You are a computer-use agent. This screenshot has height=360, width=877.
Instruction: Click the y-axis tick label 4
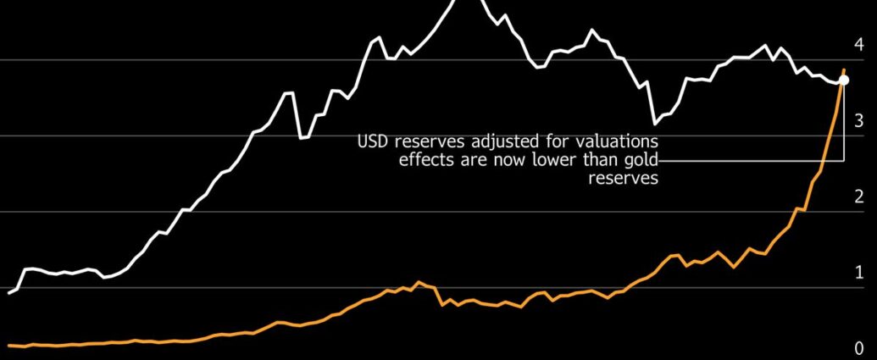pos(859,45)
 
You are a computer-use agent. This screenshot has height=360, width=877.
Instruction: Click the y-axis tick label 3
pos(859,121)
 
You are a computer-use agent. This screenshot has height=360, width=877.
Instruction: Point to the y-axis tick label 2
pos(859,197)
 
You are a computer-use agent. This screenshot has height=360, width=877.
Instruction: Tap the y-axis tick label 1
pos(859,273)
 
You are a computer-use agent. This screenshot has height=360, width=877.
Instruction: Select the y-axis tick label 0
pos(859,348)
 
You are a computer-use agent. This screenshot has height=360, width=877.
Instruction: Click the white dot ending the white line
pos(843,80)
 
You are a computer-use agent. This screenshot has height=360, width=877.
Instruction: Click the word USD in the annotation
pos(373,140)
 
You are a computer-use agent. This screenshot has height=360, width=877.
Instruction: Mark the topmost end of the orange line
pos(843,70)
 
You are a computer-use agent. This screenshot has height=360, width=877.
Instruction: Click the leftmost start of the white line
pos(9,293)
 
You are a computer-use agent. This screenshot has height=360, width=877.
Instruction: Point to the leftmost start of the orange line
pos(8,345)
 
